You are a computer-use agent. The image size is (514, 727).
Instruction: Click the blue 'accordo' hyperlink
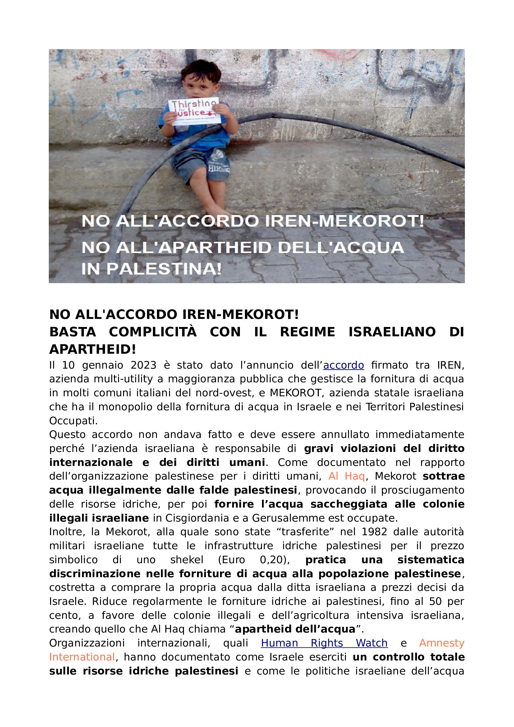pos(343,366)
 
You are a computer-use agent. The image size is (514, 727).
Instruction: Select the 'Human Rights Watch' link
pos(324,643)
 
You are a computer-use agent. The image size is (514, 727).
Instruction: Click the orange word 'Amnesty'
pos(442,643)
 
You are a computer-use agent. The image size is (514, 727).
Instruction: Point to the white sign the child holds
pos(194,112)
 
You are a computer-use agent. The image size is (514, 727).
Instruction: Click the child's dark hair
pos(201,70)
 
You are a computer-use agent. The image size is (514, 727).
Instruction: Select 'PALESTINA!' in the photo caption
pos(164,269)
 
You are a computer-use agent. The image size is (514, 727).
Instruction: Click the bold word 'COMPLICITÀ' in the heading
pos(153,332)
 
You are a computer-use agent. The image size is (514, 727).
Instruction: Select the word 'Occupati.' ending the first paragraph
pos(73,421)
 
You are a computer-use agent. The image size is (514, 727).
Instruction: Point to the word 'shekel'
pos(187,560)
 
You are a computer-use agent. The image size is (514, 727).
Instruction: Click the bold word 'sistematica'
pos(431,560)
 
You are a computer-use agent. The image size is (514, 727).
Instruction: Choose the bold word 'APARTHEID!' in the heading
pos(92,350)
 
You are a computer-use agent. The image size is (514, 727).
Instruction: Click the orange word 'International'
pos(82,657)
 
